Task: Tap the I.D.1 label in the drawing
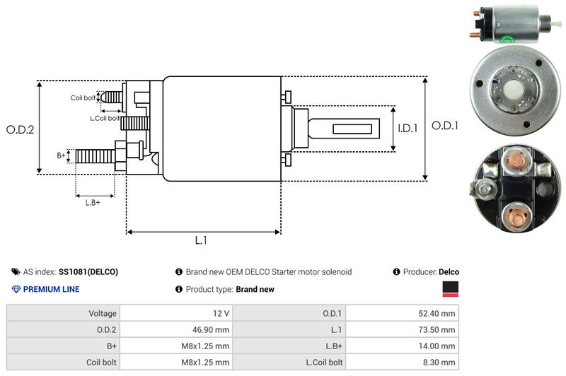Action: coord(408,129)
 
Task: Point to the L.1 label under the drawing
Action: coord(201,240)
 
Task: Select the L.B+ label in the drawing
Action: coord(93,203)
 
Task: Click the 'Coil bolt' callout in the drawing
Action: coord(83,98)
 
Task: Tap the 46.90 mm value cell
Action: coord(176,329)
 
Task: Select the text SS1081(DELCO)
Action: coord(88,272)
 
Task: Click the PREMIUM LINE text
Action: coord(51,289)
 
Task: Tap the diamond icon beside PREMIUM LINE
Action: coord(16,289)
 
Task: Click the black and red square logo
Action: coord(450,289)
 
